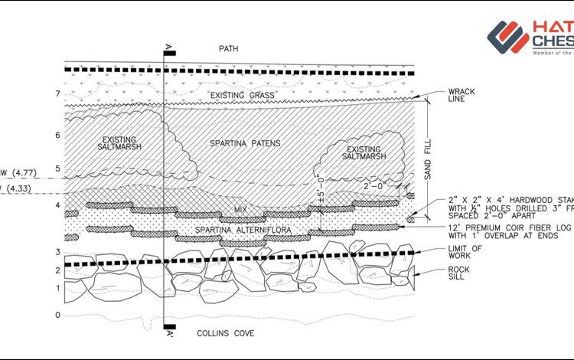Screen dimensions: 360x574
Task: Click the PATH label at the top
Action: click(x=228, y=48)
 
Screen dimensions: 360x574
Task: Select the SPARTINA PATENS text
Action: click(x=245, y=143)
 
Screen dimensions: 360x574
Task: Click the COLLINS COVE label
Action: click(x=226, y=334)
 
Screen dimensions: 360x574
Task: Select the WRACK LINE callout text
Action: click(x=461, y=96)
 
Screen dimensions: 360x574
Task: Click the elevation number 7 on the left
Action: click(x=57, y=94)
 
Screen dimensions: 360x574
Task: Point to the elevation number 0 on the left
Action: click(x=57, y=315)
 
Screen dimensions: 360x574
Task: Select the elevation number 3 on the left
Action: click(x=57, y=252)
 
